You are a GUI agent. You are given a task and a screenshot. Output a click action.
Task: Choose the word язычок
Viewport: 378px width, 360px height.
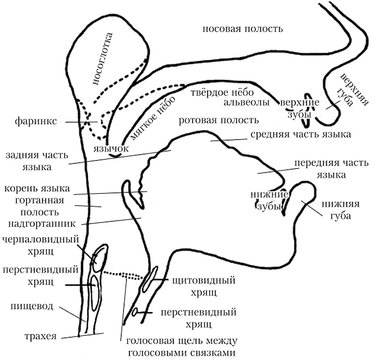coord(111,148)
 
